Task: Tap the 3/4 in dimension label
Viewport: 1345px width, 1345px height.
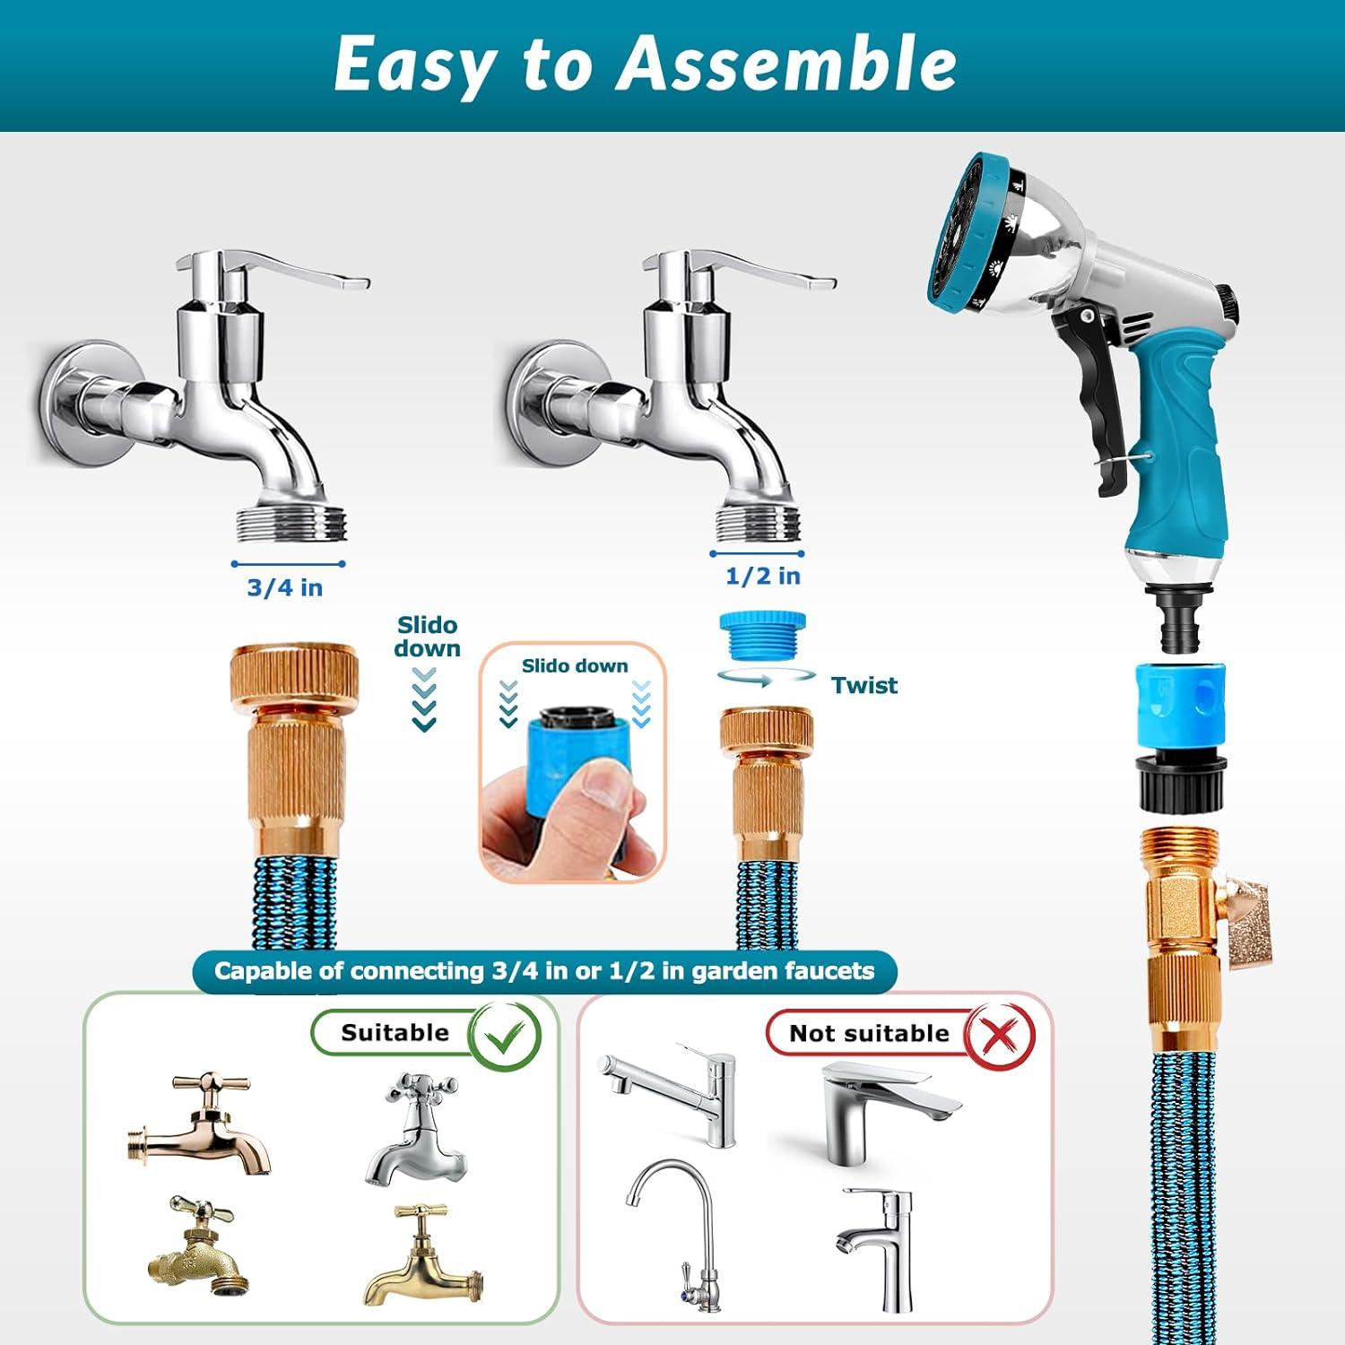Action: coord(285,587)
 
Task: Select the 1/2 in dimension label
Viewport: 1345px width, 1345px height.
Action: coord(762,576)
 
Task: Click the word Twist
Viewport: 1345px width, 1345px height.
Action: coord(863,685)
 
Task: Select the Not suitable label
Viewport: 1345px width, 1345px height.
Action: coord(869,1033)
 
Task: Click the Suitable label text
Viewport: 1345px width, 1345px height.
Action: coord(395,1032)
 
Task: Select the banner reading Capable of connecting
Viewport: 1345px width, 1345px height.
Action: coord(544,971)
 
